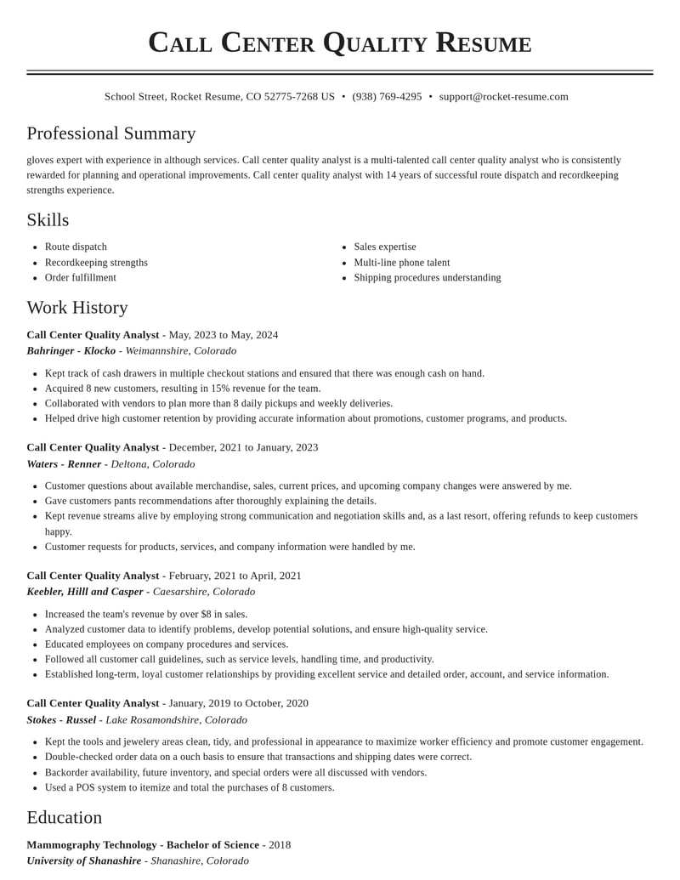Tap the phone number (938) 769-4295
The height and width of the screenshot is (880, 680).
pos(387,97)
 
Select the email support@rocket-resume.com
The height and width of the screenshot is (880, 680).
pos(503,97)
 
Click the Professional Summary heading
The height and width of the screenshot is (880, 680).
pos(111,133)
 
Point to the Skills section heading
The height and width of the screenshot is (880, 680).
pos(48,220)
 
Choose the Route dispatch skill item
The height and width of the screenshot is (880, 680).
pos(76,247)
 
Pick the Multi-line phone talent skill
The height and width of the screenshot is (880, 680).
pos(401,263)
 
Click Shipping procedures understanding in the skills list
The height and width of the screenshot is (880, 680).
pos(427,278)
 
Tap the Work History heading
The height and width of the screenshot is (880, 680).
pos(77,308)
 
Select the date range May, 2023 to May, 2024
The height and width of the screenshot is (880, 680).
pos(224,335)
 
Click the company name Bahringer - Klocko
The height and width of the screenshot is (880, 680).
pos(71,351)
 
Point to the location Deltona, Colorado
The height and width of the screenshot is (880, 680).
pos(153,464)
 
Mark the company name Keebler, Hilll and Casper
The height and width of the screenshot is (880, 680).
pos(85,592)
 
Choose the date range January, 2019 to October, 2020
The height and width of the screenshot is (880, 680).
pos(239,703)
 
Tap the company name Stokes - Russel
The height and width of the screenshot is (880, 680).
pos(61,720)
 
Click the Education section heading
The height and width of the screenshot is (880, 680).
pos(65,818)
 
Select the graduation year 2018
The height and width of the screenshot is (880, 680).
pos(280,845)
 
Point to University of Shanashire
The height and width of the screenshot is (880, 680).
pos(83,861)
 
